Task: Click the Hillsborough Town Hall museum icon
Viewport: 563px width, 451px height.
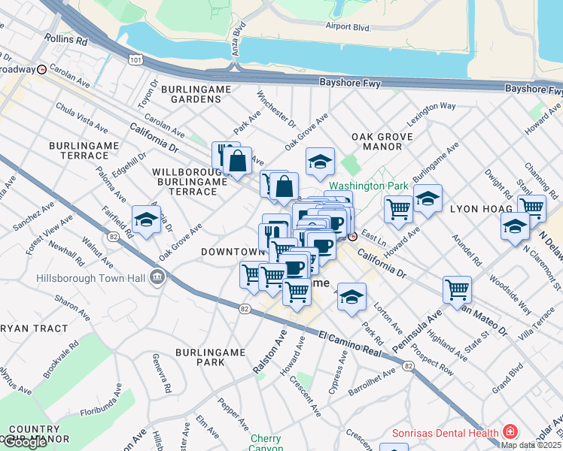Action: click(x=157, y=277)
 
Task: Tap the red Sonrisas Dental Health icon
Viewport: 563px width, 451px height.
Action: click(x=511, y=432)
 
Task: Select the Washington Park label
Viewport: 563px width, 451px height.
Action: click(x=368, y=186)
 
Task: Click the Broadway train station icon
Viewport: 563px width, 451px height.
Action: click(x=42, y=69)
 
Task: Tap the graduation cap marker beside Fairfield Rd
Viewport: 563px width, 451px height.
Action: click(x=146, y=219)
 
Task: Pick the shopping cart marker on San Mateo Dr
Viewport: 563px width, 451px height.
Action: click(x=457, y=288)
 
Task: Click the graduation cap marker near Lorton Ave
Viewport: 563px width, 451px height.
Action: click(x=351, y=296)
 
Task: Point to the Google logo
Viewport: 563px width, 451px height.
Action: click(x=25, y=442)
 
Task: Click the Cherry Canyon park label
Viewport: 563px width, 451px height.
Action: click(x=265, y=443)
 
